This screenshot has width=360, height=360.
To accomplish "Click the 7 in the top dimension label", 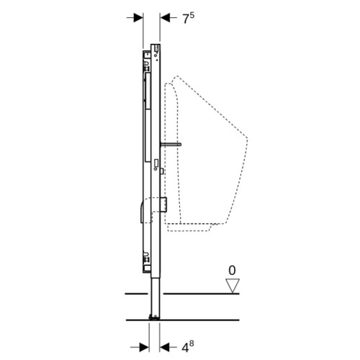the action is pyautogui.click(x=186, y=19).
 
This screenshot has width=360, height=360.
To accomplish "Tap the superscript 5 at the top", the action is pyautogui.click(x=192, y=16).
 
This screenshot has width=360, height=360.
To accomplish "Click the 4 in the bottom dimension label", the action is pyautogui.click(x=185, y=348).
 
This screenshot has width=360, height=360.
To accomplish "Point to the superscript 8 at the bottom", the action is pyautogui.click(x=192, y=344).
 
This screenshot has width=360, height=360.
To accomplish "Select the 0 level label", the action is pyautogui.click(x=232, y=271).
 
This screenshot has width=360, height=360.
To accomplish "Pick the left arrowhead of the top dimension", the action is pyautogui.click(x=138, y=17).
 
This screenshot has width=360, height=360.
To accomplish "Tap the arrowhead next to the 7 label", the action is pyautogui.click(x=165, y=17).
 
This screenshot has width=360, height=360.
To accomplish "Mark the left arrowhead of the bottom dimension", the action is pyautogui.click(x=144, y=347).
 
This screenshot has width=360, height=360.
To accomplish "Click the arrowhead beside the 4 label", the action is pyautogui.click(x=165, y=347).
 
